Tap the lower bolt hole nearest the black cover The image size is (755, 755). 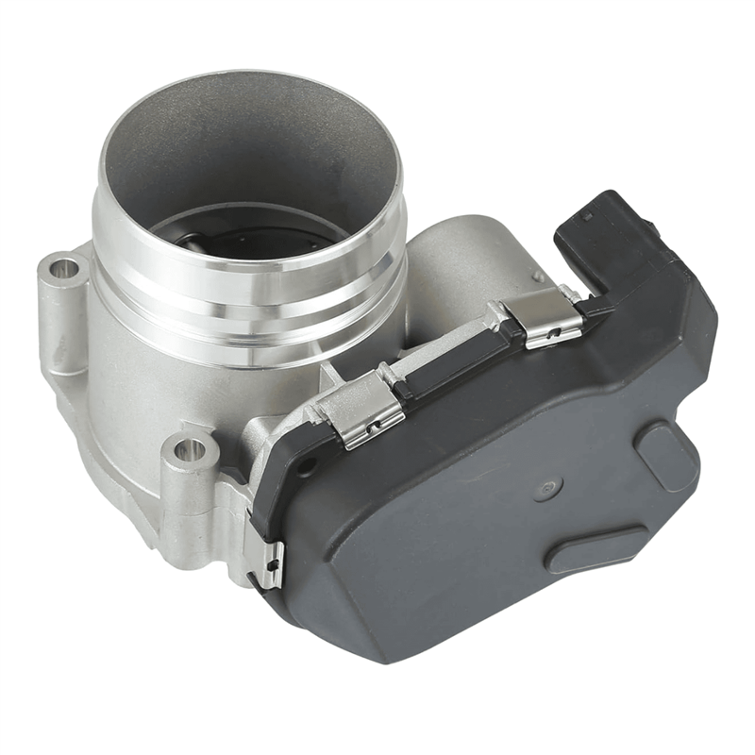pyautogui.click(x=190, y=449)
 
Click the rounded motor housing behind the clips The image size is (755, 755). pyautogui.click(x=453, y=264)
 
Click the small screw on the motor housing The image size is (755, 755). pyautogui.click(x=537, y=277)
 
